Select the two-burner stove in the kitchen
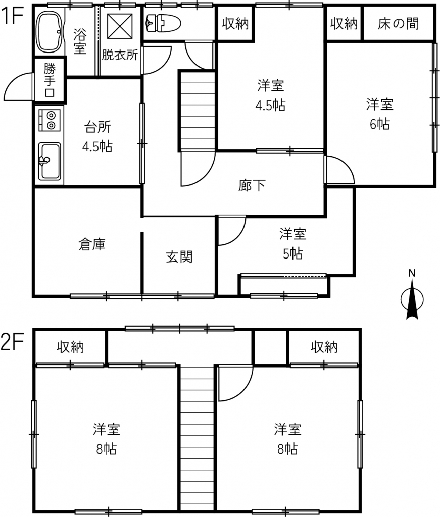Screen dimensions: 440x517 [x=50, y=120]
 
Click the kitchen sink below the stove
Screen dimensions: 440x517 [x=50, y=161]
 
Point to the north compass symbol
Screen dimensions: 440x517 [x=412, y=295]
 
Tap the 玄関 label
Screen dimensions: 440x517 [x=179, y=257]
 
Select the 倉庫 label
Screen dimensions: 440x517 [x=92, y=244]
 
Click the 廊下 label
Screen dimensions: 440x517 [x=252, y=185]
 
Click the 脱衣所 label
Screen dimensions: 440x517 [x=119, y=55]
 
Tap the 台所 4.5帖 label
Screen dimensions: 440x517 [x=97, y=136]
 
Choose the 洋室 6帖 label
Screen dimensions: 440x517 [x=380, y=114]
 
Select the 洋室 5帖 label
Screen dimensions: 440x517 [x=292, y=244]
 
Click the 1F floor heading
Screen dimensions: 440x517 [x=12, y=16]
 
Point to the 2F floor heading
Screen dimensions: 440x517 [x=12, y=343]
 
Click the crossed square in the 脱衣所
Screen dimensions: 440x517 [x=120, y=26]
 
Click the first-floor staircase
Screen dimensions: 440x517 [x=197, y=111]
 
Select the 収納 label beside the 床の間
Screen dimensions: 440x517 [x=344, y=24]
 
